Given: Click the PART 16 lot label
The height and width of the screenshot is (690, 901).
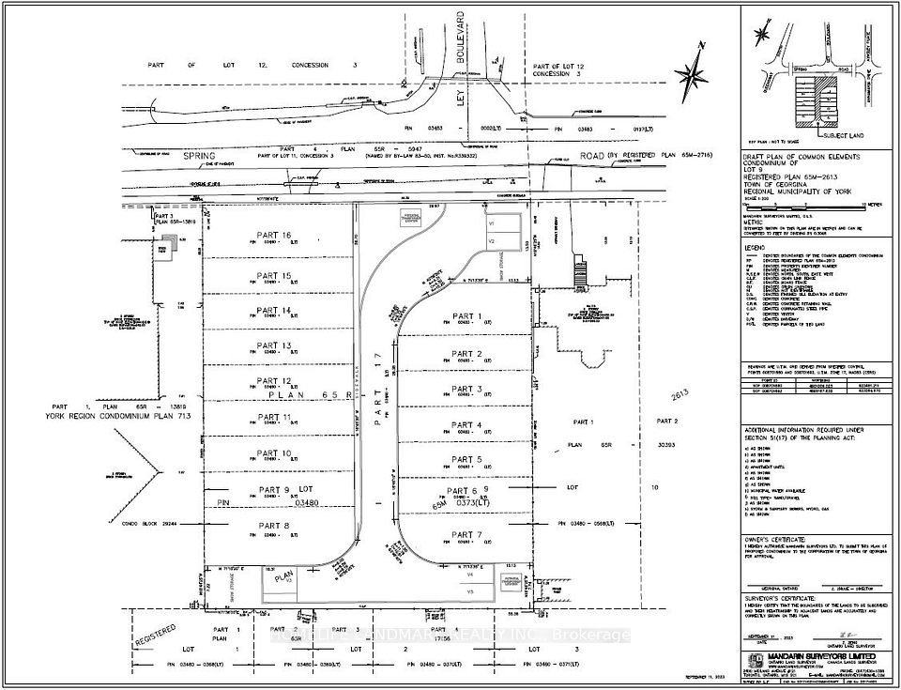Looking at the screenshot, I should (x=274, y=236).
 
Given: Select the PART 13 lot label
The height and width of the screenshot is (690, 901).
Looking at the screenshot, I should (x=274, y=346).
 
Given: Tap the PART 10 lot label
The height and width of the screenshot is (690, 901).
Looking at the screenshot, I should (x=274, y=453).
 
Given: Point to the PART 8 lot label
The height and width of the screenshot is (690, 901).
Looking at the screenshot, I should (x=274, y=527).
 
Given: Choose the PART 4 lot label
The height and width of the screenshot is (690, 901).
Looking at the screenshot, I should (x=466, y=425).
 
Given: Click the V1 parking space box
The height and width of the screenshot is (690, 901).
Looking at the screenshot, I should (x=492, y=225).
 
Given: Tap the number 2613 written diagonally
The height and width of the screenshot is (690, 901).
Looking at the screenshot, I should (x=680, y=401).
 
